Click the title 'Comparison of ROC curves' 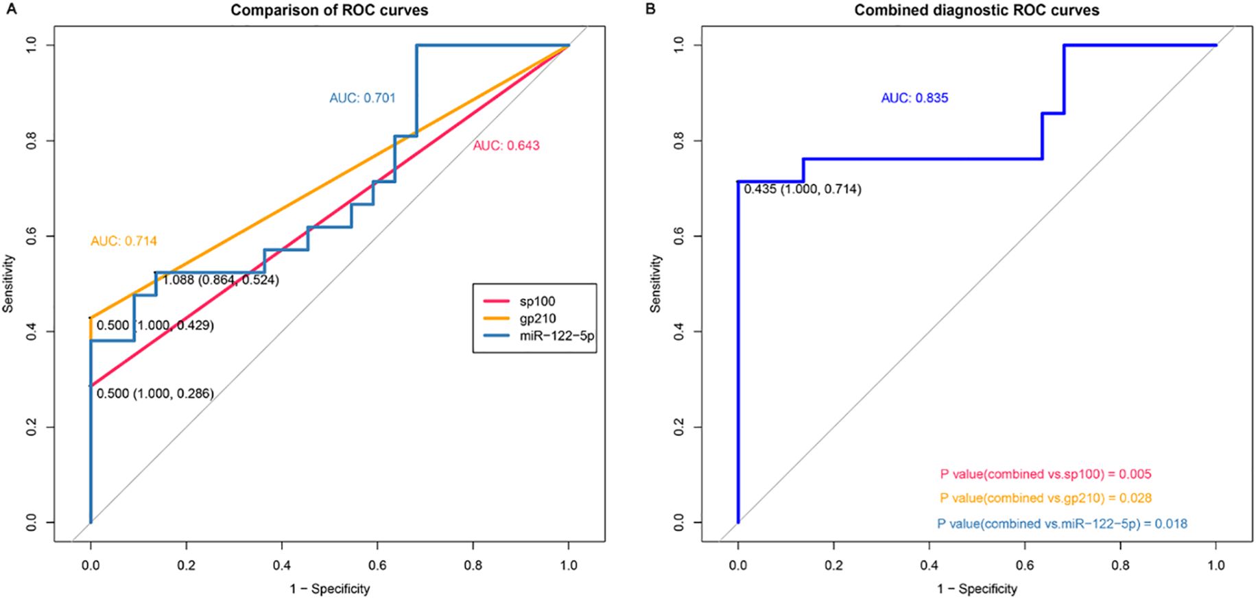coord(329,10)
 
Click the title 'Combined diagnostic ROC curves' coord(976,10)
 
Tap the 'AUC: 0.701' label coord(362,98)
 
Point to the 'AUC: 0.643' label coord(506,145)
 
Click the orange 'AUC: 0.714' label coord(123,241)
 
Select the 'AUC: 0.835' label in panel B coord(914,98)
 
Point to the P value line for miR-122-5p coord(1062,524)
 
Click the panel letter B coord(651,8)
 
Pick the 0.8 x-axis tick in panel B coord(1120,566)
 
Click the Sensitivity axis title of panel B coord(656,284)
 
